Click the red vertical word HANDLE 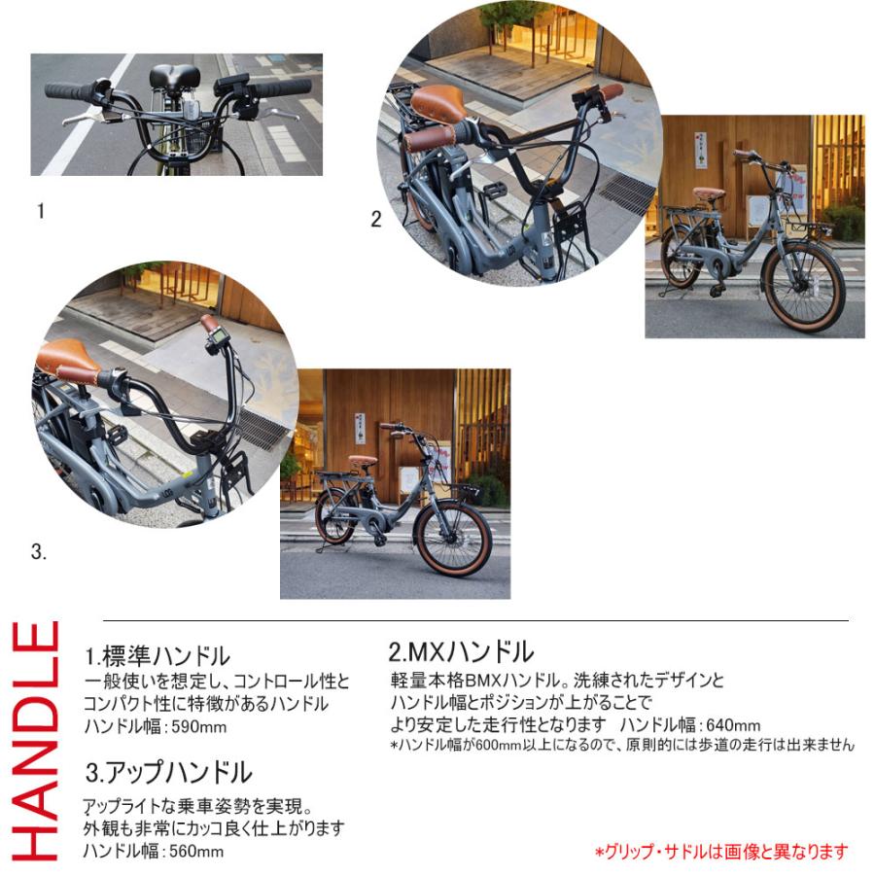(38, 740)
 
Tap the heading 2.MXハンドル (461, 650)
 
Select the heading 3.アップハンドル (169, 773)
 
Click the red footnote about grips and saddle (720, 852)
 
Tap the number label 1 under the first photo (41, 210)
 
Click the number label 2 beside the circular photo (376, 220)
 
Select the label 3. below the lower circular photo (39, 552)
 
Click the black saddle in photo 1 (175, 76)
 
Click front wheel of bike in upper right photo (803, 287)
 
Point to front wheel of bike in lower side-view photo (452, 538)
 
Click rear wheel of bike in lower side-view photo (335, 517)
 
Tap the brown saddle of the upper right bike (710, 192)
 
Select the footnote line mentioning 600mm (622, 746)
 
